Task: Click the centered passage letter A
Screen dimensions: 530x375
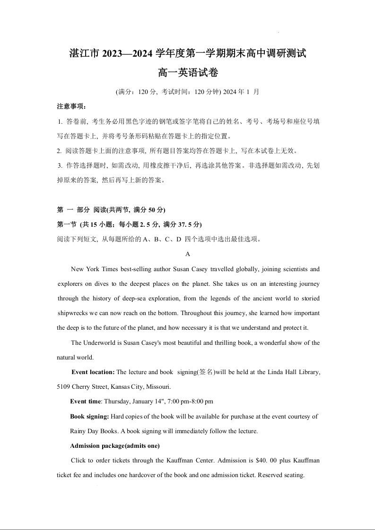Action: click(x=188, y=254)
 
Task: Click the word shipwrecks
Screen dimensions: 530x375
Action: click(x=72, y=313)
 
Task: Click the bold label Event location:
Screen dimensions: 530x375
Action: click(x=93, y=372)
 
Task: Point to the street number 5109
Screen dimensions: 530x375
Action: click(x=64, y=387)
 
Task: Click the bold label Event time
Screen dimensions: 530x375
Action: click(x=85, y=402)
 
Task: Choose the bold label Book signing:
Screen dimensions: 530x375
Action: click(x=89, y=417)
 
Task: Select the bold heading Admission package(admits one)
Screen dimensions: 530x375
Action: click(x=115, y=446)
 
